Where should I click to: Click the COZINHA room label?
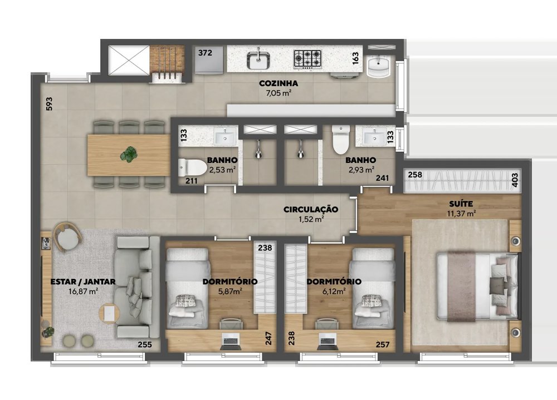click(x=278, y=83)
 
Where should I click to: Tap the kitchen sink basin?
click(x=258, y=60)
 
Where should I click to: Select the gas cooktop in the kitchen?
click(x=307, y=58)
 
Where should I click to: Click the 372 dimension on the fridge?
click(x=205, y=53)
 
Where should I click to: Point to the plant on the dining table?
click(x=128, y=155)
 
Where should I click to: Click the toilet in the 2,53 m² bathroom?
click(x=193, y=167)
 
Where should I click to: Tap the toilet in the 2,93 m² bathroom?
click(x=341, y=140)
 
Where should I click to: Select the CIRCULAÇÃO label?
click(x=311, y=209)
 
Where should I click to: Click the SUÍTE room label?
click(x=461, y=204)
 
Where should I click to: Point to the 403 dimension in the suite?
click(x=515, y=180)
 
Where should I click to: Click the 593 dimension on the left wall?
click(x=49, y=103)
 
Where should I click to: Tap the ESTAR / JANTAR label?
click(x=83, y=282)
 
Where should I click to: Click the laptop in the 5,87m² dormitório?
click(x=231, y=339)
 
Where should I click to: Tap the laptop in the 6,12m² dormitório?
click(x=327, y=339)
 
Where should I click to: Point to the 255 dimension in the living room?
click(x=145, y=344)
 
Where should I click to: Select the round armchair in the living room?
click(x=67, y=237)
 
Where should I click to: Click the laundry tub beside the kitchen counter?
click(x=379, y=66)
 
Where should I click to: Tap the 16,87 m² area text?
click(x=83, y=292)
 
